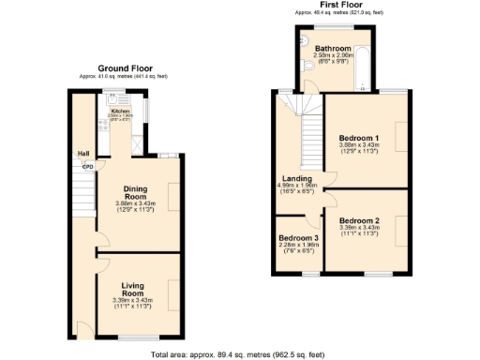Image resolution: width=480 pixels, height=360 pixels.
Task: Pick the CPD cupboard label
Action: click(88, 167)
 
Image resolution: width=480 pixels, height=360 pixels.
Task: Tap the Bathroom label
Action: click(333, 49)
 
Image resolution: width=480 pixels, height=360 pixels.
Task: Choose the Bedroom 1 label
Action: click(358, 138)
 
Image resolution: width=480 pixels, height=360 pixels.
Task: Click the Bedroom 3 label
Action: click(299, 239)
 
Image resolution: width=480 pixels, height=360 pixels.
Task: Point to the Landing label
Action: click(299, 179)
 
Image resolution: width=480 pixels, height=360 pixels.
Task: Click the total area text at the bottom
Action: click(238, 354)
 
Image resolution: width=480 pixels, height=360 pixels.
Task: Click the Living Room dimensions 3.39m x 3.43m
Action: click(138, 300)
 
